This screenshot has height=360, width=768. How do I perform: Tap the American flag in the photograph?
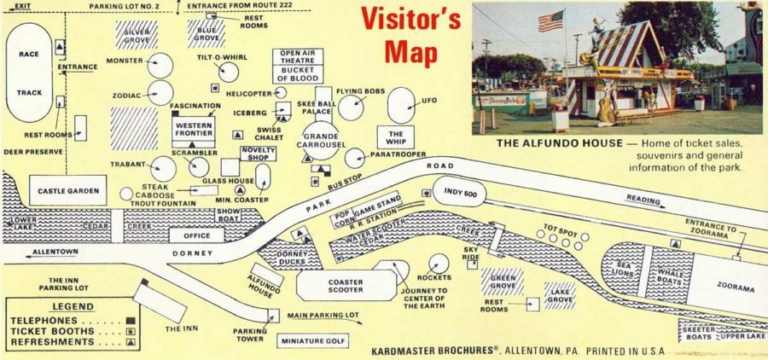pos(550,21)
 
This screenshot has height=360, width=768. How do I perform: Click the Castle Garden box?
pos(66,190)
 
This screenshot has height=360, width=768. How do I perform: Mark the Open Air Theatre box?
pos(299,56)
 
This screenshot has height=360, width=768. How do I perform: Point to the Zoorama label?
pos(734,288)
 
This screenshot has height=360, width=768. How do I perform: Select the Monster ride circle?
pos(160,66)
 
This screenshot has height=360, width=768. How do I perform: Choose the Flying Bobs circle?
pos(351,107)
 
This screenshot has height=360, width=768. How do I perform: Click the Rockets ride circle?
pos(439,264)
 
